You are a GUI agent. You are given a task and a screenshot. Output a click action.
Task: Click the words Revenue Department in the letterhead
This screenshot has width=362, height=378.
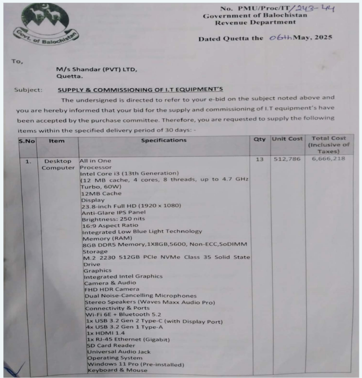(255, 22)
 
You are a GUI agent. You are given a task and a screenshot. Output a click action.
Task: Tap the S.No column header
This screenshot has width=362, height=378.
(27, 140)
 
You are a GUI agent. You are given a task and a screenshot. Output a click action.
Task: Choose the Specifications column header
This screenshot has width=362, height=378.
(164, 140)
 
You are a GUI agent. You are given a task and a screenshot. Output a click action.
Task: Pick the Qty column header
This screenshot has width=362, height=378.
(260, 140)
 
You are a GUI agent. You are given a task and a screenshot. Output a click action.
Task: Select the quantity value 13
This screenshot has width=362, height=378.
(260, 160)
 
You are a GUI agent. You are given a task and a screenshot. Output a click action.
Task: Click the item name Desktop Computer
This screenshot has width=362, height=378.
(58, 164)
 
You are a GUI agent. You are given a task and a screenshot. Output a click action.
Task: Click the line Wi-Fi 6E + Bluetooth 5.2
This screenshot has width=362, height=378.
(123, 314)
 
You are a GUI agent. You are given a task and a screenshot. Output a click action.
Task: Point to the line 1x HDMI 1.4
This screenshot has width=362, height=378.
(103, 333)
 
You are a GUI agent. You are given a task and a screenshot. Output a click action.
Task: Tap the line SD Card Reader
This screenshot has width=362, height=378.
(107, 345)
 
